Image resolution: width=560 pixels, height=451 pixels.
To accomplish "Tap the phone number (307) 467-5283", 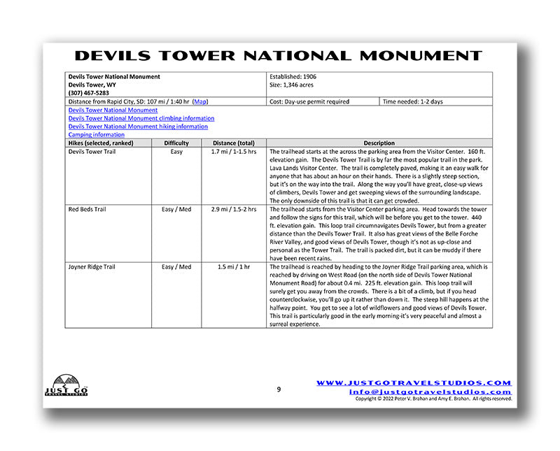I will point(90,93).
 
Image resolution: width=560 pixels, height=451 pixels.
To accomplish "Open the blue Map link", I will point(199,102).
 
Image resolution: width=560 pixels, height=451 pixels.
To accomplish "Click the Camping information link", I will point(97,135).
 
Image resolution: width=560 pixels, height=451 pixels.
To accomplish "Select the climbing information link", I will point(141,118).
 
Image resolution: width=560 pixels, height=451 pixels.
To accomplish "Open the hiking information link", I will point(138,127).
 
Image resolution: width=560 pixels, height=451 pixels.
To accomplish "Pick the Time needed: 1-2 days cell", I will point(414,102).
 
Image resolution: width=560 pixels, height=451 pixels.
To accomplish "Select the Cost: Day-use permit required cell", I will point(309,102).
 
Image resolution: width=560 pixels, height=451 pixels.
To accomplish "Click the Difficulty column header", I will point(176,143).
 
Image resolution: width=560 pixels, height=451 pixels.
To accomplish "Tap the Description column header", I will point(379,143).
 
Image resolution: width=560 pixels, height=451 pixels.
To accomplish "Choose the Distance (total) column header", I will point(233,143).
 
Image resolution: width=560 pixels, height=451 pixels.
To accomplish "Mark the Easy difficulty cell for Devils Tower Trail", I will point(176,151).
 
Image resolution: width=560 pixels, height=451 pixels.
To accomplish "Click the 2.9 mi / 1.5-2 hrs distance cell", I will point(233,209).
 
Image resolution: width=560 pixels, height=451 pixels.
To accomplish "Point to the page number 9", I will point(279,389).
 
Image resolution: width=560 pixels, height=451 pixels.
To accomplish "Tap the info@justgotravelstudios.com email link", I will point(430,392).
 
